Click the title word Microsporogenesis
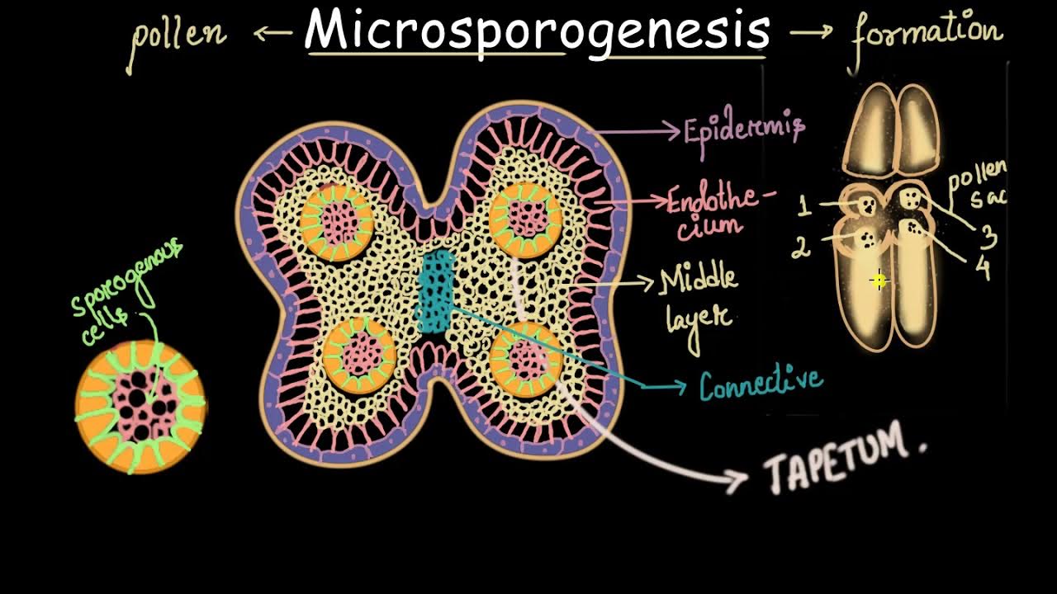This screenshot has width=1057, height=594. pyautogui.click(x=537, y=31)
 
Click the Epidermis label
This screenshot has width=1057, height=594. pyautogui.click(x=744, y=130)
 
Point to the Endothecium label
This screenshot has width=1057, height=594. pyautogui.click(x=722, y=211)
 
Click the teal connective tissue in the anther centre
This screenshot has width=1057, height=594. pyautogui.click(x=436, y=293)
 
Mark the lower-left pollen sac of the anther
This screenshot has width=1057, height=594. pyautogui.click(x=358, y=355)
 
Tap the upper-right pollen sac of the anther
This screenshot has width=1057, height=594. pyautogui.click(x=525, y=217)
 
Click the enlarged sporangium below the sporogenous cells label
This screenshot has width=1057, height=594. pyautogui.click(x=140, y=405)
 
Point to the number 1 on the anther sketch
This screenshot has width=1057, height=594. pyautogui.click(x=803, y=205)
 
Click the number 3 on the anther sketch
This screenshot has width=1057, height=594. pyautogui.click(x=988, y=237)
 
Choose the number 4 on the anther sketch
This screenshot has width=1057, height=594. pyautogui.click(x=982, y=268)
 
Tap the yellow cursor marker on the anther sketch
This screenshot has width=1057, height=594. pyautogui.click(x=879, y=281)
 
